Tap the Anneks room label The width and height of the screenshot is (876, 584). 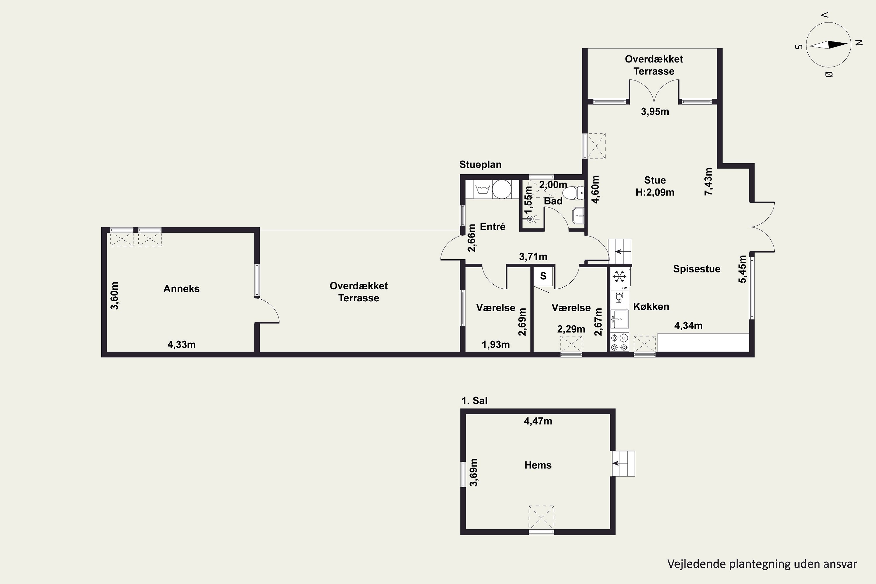[x=181, y=289]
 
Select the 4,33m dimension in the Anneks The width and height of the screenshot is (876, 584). [x=181, y=345]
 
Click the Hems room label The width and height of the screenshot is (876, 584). [x=538, y=465]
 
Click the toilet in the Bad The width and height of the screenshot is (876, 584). [x=573, y=193]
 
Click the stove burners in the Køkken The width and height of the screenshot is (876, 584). [x=619, y=343]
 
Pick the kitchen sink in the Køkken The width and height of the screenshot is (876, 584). [x=619, y=319]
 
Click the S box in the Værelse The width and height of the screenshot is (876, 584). [x=543, y=276]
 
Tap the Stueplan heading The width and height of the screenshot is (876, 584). [x=480, y=165]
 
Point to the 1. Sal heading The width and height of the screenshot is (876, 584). [x=474, y=401]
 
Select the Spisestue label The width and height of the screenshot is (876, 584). [x=696, y=269]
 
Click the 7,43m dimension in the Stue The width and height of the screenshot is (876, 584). [x=708, y=181]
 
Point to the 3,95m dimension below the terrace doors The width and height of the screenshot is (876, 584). [x=655, y=111]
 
